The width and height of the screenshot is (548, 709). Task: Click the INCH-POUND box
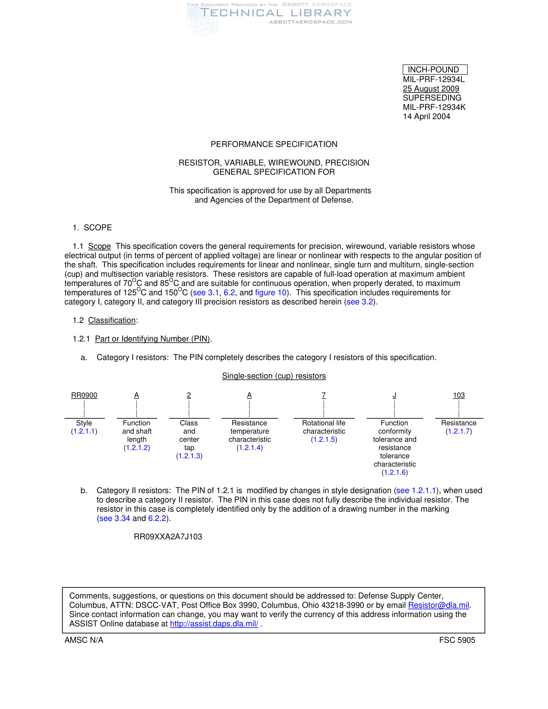click(435, 70)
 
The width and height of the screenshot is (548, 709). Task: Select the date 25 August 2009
click(431, 89)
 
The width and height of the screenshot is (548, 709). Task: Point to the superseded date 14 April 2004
click(426, 117)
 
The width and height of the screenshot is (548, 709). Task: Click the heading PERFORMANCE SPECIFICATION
click(274, 144)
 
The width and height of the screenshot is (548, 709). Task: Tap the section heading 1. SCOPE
click(92, 228)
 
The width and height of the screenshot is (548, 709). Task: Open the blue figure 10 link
click(271, 293)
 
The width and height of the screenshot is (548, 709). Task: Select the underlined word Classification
click(112, 320)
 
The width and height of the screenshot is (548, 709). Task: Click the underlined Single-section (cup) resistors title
click(274, 376)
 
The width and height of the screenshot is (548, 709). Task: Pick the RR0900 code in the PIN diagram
click(84, 395)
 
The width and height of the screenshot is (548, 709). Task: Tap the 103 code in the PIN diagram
click(459, 395)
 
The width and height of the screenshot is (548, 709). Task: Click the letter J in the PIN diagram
click(395, 395)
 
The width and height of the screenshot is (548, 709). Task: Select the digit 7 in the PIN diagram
click(324, 395)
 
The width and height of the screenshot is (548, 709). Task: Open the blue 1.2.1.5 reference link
click(324, 440)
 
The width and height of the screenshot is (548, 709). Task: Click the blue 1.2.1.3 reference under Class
click(189, 456)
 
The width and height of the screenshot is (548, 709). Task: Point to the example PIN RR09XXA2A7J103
click(168, 537)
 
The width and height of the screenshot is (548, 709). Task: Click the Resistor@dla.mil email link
click(438, 605)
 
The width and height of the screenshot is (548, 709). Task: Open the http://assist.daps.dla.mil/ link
click(214, 624)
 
